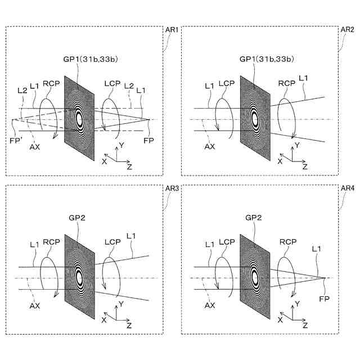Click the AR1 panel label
point(172,30)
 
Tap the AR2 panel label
point(348,30)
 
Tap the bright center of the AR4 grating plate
point(254,277)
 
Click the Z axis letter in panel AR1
point(129,166)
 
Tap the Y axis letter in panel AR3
point(121,304)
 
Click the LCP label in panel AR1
point(111,83)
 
